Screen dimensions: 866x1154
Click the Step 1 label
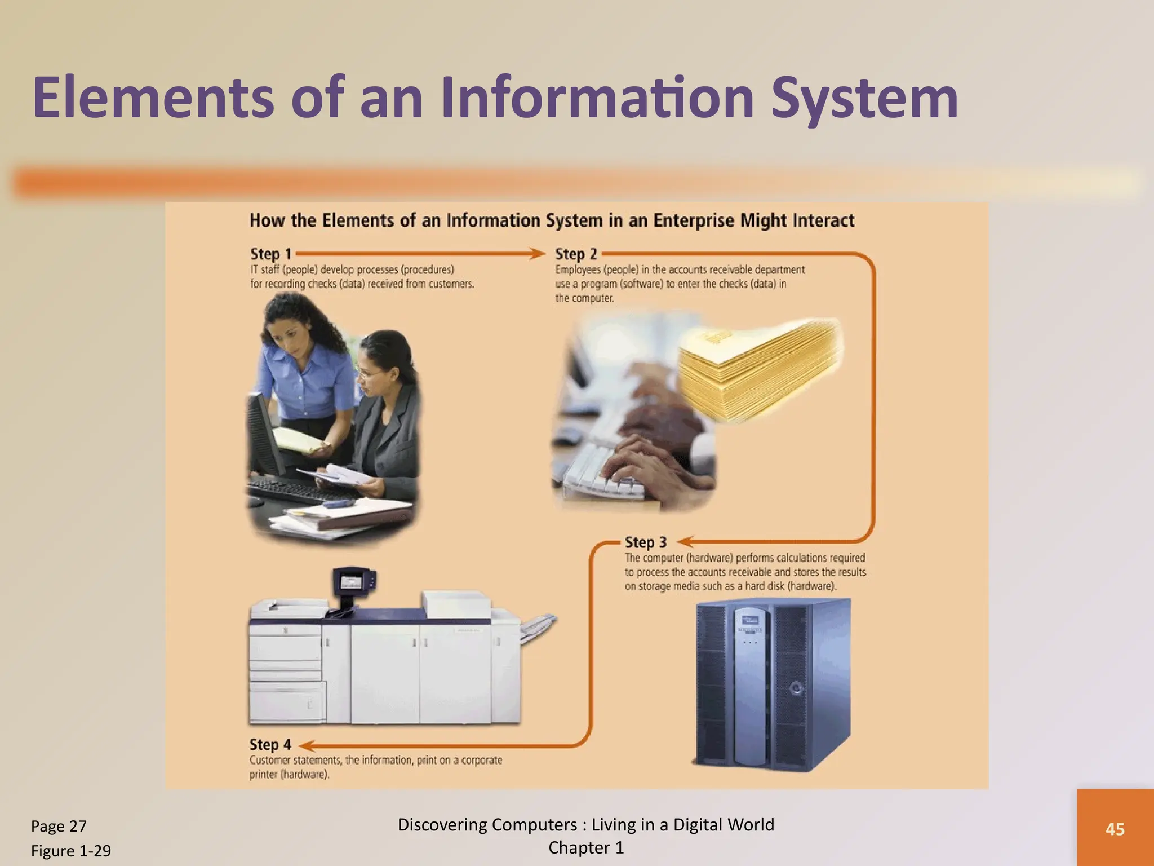tap(270, 254)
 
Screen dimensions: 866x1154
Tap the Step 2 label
tap(576, 254)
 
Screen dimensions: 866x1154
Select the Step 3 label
tap(645, 542)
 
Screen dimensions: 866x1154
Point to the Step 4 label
tap(270, 745)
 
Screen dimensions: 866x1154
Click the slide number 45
tap(1115, 829)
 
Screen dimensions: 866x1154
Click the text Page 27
tap(59, 826)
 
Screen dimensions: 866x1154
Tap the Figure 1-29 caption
tap(71, 851)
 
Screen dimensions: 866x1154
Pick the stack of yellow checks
tap(758, 369)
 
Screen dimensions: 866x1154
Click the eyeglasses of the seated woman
tap(369, 372)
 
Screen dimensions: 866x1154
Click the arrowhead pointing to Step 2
tap(538, 254)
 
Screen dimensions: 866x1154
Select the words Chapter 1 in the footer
tap(586, 848)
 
